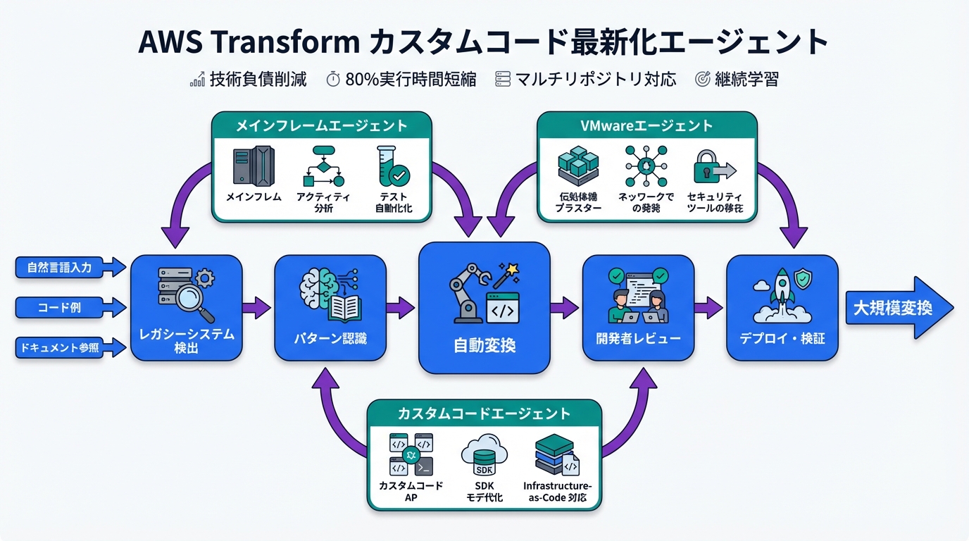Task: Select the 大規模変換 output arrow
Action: (898, 307)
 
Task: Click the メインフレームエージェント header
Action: (321, 126)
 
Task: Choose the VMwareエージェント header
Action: (646, 126)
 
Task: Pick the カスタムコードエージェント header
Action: (484, 413)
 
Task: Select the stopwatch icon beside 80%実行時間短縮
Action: (333, 80)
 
